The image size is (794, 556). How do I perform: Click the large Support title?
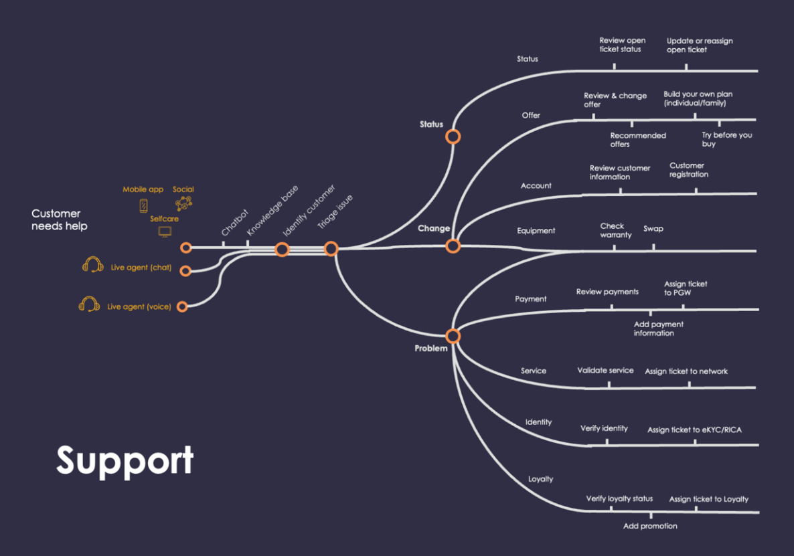(x=125, y=461)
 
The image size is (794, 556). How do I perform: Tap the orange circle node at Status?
(x=453, y=136)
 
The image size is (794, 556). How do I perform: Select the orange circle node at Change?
(x=453, y=246)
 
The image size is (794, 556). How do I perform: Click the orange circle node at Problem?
(x=453, y=336)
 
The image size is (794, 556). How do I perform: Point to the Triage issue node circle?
(x=331, y=249)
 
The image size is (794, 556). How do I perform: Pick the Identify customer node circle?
(x=282, y=250)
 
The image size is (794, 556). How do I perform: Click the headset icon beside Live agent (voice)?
(x=89, y=305)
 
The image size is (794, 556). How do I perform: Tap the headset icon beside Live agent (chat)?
(x=92, y=266)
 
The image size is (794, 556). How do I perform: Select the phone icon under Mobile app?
(x=143, y=205)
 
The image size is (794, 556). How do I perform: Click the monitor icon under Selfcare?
(x=165, y=232)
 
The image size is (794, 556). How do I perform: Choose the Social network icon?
(x=183, y=204)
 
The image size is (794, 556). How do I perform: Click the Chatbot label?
(x=235, y=223)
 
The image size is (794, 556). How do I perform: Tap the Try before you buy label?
(x=726, y=139)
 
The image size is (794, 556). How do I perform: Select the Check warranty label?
(x=615, y=230)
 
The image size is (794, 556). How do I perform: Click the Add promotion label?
(x=649, y=526)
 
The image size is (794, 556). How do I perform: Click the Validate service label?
(x=605, y=370)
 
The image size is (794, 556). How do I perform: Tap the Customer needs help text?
(x=59, y=220)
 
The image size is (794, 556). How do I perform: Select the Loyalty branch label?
(x=540, y=479)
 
